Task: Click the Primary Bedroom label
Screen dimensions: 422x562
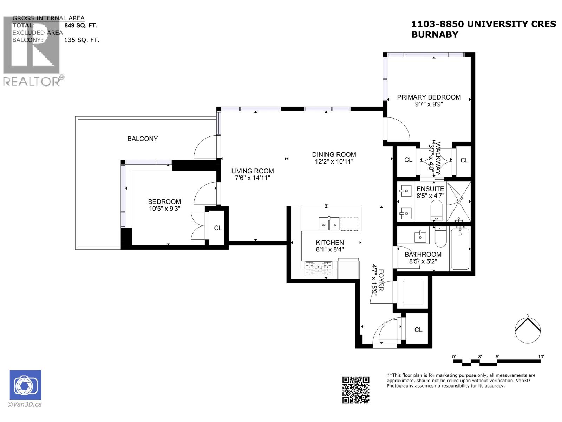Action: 429,97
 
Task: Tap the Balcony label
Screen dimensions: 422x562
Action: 142,139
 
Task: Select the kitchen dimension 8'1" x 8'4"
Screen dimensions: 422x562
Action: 329,249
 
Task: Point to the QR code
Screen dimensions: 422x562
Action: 356,390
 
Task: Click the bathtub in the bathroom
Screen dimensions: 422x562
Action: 460,249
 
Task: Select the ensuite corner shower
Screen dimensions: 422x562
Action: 459,201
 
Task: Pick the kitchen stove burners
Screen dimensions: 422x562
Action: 318,269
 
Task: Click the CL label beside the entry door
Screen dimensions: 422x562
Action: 418,330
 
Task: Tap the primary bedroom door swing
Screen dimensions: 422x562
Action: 397,129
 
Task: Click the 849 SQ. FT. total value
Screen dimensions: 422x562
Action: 81,25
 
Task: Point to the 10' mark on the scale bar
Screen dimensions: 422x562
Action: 541,357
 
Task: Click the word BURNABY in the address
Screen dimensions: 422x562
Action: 434,34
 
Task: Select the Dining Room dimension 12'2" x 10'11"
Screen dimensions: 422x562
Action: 334,161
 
